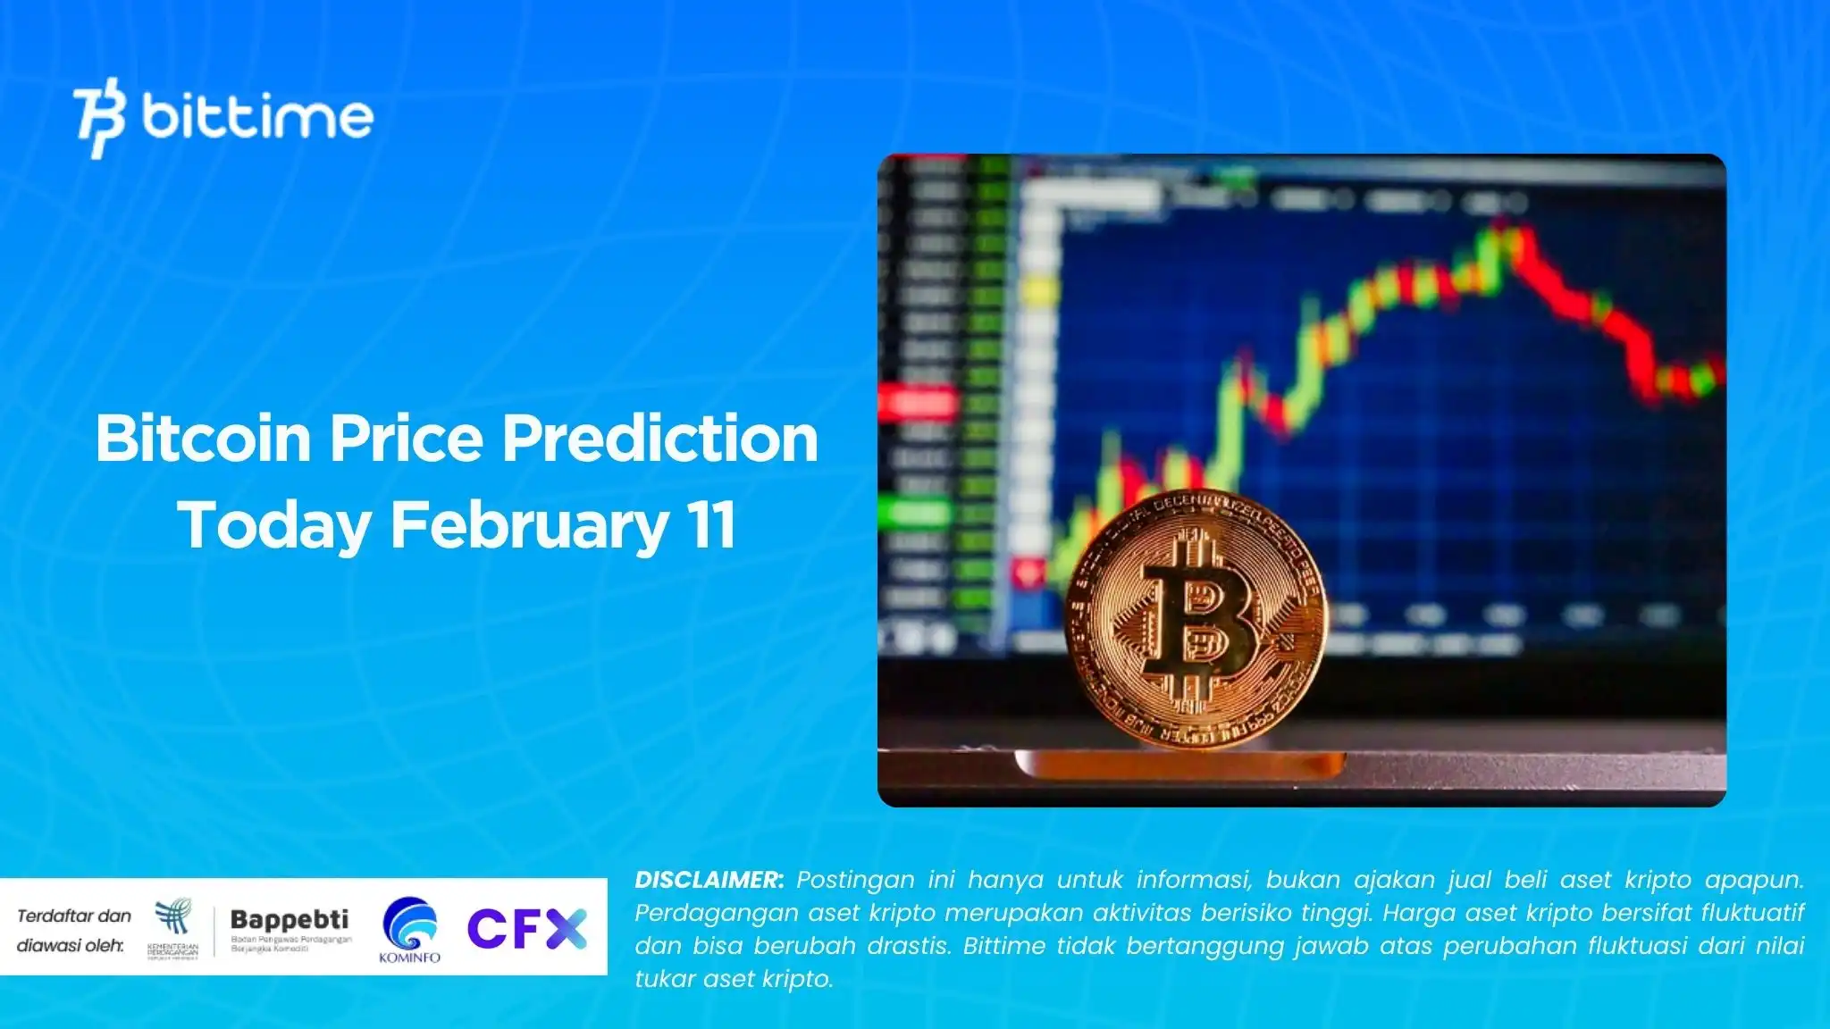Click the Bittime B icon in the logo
pyautogui.click(x=98, y=118)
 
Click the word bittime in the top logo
pyautogui.click(x=257, y=117)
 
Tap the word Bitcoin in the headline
pyautogui.click(x=203, y=439)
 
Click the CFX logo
pyautogui.click(x=526, y=928)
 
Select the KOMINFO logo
pyautogui.click(x=410, y=929)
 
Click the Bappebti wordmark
pyautogui.click(x=290, y=919)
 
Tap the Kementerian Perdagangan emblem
pyautogui.click(x=173, y=920)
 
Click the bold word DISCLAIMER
pyautogui.click(x=709, y=880)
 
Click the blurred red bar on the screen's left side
pyautogui.click(x=918, y=404)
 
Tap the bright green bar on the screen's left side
pyautogui.click(x=916, y=514)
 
